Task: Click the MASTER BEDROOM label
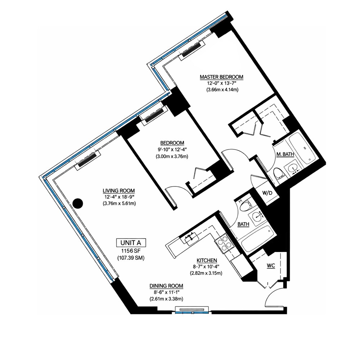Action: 221,77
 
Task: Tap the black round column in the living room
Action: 77,203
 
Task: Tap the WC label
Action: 271,266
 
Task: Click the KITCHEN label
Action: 206,260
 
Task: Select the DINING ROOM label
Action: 166,286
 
